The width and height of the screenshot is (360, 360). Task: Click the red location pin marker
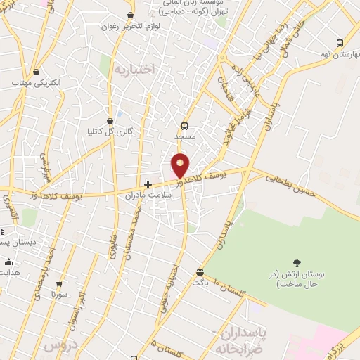(x=181, y=165)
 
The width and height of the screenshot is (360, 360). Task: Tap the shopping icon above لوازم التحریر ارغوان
(x=131, y=15)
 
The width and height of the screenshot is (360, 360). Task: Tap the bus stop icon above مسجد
(x=185, y=127)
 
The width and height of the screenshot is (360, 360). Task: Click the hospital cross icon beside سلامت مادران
(x=148, y=184)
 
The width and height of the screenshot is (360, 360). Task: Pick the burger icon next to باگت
(x=200, y=271)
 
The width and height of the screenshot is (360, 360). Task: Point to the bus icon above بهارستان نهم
(x=340, y=42)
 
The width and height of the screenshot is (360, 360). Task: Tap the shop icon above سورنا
(x=58, y=284)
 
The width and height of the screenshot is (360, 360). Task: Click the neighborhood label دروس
(x=59, y=345)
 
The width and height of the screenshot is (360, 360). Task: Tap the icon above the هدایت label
(x=9, y=261)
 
